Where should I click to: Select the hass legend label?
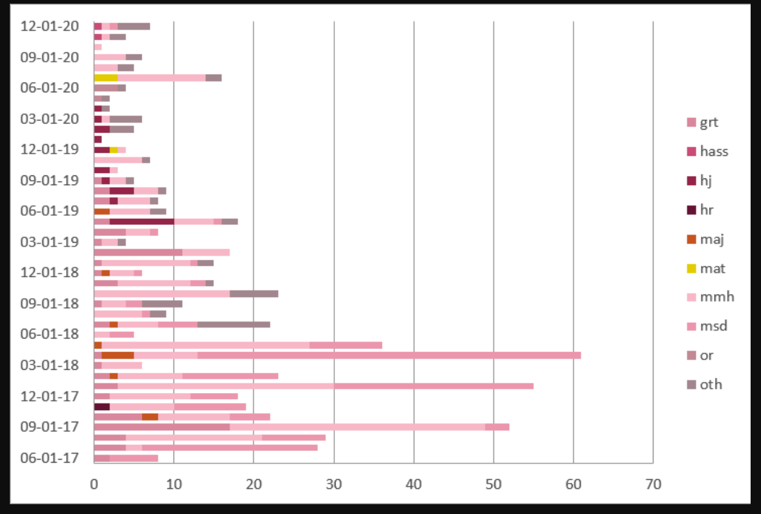(714, 152)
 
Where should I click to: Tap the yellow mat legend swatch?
(691, 268)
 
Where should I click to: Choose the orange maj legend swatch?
(691, 239)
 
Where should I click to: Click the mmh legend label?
(716, 297)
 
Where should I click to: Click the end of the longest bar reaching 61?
(579, 355)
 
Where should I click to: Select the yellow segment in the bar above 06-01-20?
(106, 78)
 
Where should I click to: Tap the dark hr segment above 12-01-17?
(102, 406)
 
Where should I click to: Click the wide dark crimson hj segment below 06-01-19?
(142, 221)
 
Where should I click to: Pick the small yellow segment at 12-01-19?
(114, 150)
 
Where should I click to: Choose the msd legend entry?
(713, 326)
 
